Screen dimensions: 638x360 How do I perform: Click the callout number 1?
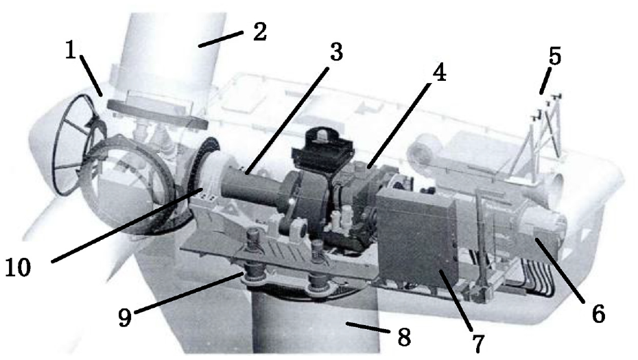pyautogui.click(x=71, y=51)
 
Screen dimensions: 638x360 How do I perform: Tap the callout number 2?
pyautogui.click(x=259, y=32)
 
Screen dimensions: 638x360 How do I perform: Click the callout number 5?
pyautogui.click(x=554, y=56)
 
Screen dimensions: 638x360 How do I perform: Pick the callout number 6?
pyautogui.click(x=598, y=314)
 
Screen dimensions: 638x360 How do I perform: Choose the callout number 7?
pyautogui.click(x=479, y=344)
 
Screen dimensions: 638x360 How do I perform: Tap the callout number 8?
pyautogui.click(x=403, y=336)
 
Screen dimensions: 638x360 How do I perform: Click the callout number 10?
pyautogui.click(x=19, y=267)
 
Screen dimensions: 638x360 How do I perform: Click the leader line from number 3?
pyautogui.click(x=287, y=121)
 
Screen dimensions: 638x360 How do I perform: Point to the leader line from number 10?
pyautogui.click(x=128, y=225)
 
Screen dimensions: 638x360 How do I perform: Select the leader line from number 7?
pyautogui.click(x=455, y=300)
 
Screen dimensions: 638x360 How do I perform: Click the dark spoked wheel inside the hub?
pyautogui.click(x=78, y=145)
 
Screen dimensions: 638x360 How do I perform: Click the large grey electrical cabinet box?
pyautogui.click(x=418, y=237)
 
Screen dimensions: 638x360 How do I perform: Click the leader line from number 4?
pyautogui.click(x=399, y=125)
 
